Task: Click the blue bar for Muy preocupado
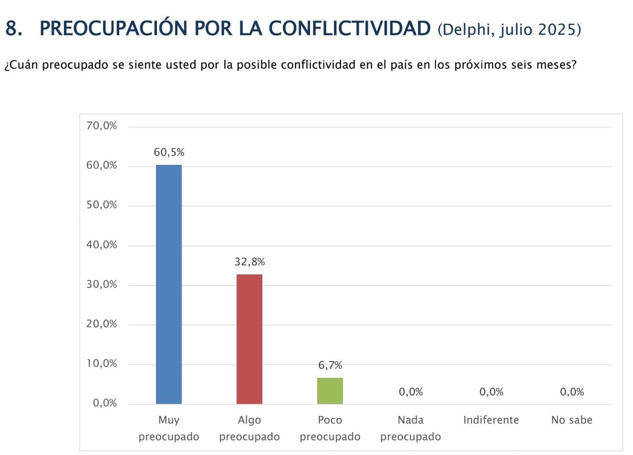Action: coord(169,284)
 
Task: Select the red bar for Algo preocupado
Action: coord(249,339)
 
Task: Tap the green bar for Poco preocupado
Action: coord(330,391)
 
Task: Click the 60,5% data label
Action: coord(169,152)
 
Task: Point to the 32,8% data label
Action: coord(249,262)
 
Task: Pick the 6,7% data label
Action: coord(330,365)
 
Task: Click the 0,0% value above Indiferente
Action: coord(491,392)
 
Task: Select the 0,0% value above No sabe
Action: coord(572,392)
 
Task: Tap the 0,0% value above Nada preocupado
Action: coord(411,392)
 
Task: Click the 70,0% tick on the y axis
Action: coord(102,126)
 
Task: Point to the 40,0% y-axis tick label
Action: coord(102,245)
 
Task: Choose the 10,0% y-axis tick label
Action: coord(102,364)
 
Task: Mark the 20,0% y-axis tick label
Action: coord(102,324)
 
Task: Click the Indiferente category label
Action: coord(491,420)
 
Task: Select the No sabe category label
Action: coord(571,420)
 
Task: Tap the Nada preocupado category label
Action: coord(411,428)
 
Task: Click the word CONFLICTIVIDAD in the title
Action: coord(350,29)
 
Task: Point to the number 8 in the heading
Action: coord(12,29)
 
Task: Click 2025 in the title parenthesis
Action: coord(557,30)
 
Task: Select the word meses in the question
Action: coord(552,65)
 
